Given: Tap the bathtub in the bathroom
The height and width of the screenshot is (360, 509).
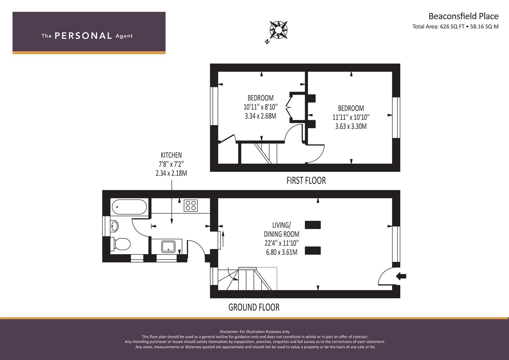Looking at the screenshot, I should tap(129, 207).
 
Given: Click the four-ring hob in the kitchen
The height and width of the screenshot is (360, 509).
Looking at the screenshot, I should tap(191, 206).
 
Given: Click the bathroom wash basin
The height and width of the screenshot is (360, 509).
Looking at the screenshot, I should tap(114, 226).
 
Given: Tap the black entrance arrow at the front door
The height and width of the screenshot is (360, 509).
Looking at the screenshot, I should tap(401, 276).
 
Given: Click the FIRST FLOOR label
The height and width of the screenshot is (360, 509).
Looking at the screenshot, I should tap(306, 181).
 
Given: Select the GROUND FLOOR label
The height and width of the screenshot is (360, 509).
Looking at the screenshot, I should tap(254, 307).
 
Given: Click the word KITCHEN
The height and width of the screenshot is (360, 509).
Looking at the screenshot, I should tap(171, 155).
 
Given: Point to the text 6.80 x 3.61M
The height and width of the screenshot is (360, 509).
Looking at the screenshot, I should tap(282, 252).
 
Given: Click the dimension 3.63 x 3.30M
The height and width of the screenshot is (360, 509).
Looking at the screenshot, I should tap(351, 126).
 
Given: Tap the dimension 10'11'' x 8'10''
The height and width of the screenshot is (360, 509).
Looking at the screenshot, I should tap(260, 107).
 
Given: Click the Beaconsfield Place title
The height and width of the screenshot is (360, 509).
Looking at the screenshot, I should tap(463, 16).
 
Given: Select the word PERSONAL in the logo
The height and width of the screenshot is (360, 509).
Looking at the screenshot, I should tap(83, 36).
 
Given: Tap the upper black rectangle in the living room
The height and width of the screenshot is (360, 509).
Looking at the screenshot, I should tap(313, 225).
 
